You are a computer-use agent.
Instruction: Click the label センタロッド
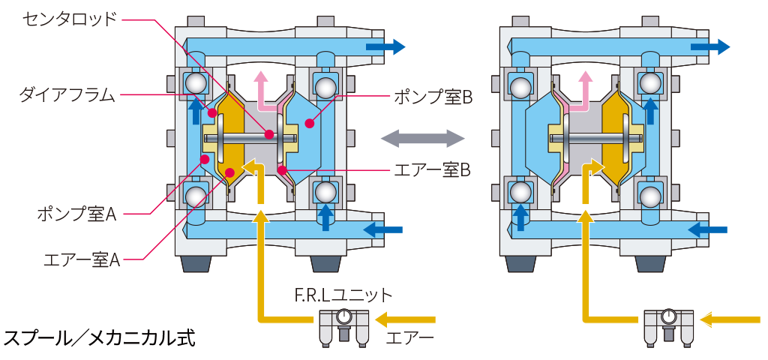pyautogui.click(x=70, y=19)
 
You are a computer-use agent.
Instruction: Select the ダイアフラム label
pyautogui.click(x=67, y=94)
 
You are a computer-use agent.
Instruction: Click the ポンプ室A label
pyautogui.click(x=77, y=214)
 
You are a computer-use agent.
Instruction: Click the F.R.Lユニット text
pyautogui.click(x=343, y=295)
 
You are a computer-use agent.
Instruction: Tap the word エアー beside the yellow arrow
pyautogui.click(x=410, y=338)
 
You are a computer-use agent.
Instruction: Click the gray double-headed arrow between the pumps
pyautogui.click(x=422, y=139)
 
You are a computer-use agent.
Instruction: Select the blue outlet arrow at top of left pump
pyautogui.click(x=385, y=47)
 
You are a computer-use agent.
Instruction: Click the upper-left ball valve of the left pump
pyautogui.click(x=195, y=83)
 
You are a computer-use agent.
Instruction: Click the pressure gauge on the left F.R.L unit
pyautogui.click(x=342, y=316)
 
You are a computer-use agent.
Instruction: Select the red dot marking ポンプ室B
pyautogui.click(x=309, y=124)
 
